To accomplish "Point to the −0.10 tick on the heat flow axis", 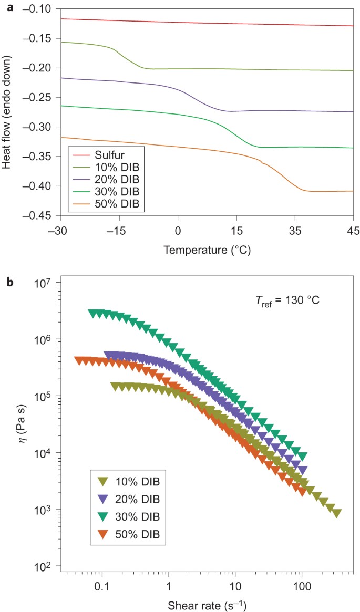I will (x=42, y=9).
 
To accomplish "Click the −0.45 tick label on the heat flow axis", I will (x=42, y=216).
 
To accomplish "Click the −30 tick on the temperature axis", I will (x=61, y=230).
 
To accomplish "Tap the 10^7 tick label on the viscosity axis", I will (x=46, y=284).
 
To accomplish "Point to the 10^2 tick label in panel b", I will (x=46, y=566).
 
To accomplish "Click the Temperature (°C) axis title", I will (x=207, y=250).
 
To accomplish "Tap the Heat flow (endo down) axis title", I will (x=7, y=112).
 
